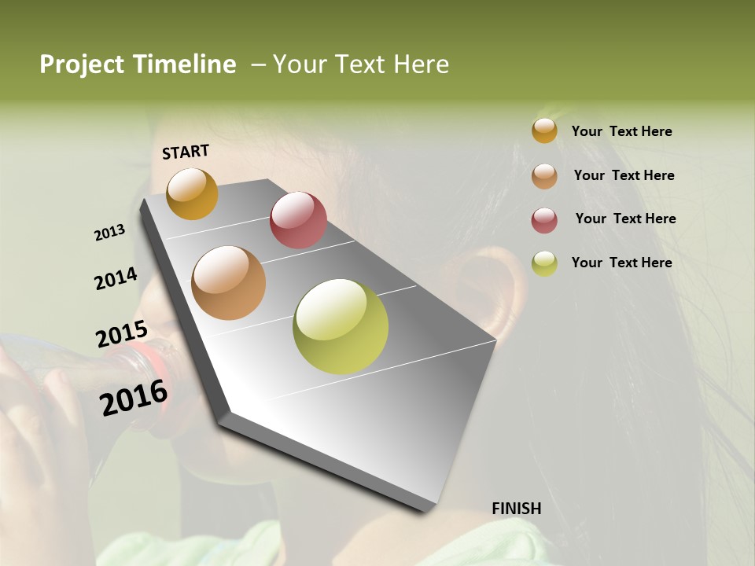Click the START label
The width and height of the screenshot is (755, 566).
tap(186, 152)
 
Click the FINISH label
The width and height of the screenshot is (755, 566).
tap(516, 509)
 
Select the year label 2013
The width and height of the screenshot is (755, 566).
tap(109, 233)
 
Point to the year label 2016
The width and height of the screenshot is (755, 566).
tap(134, 398)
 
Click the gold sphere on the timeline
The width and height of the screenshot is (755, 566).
tap(192, 193)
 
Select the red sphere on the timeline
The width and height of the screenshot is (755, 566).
tap(298, 219)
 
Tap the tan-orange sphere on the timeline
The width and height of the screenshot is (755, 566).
tap(229, 283)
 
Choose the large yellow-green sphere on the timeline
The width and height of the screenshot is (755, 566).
tap(341, 326)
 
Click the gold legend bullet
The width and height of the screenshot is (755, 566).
tap(544, 130)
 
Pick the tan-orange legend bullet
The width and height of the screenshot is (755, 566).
tap(544, 175)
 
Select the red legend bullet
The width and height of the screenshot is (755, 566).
tap(544, 219)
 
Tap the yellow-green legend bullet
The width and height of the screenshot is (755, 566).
tap(544, 263)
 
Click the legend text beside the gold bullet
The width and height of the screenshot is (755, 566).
tap(621, 131)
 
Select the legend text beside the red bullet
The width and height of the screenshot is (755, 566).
tap(625, 219)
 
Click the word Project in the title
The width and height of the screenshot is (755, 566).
tap(82, 64)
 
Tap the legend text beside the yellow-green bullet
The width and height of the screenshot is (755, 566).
tap(621, 263)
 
